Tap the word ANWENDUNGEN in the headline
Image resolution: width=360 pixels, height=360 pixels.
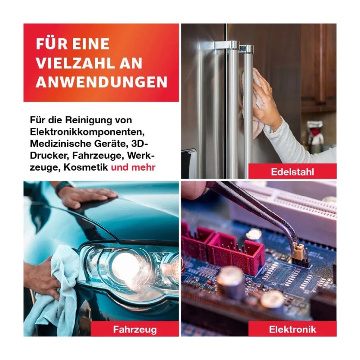[x=102, y=82]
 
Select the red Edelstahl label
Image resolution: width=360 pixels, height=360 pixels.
[x=292, y=171]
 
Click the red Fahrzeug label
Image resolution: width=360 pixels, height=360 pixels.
[x=135, y=329]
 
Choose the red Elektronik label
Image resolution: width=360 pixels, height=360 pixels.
[x=292, y=329]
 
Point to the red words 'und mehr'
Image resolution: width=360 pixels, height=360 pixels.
[x=133, y=167]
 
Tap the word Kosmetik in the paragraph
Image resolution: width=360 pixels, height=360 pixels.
[x=85, y=167]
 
